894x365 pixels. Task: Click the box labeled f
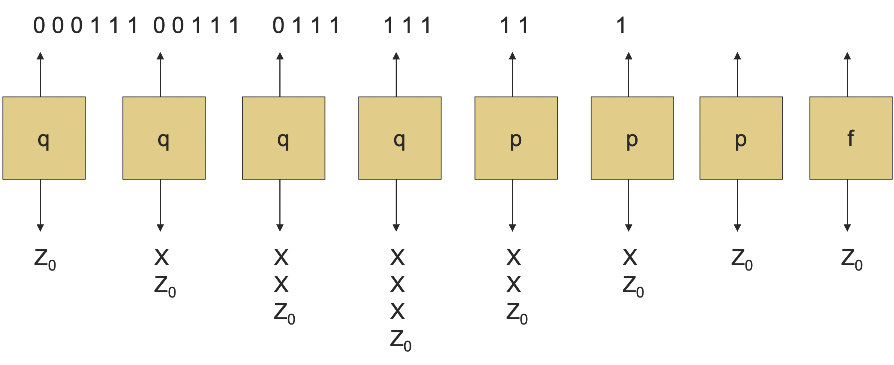coord(850,138)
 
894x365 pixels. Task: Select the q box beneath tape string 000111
coord(44,138)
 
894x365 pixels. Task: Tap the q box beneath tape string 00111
coord(164,138)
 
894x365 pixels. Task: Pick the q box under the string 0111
coord(283,138)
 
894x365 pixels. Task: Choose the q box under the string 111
coord(400,138)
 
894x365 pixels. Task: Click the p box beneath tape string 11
coord(516,138)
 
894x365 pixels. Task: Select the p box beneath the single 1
coord(632,138)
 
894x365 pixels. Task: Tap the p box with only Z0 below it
coord(741,138)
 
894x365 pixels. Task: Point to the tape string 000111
coord(85,25)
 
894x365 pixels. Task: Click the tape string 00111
coord(196,25)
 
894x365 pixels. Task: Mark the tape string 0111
coord(306,25)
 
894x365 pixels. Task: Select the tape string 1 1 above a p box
coord(514,25)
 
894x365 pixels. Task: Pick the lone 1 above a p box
coord(621,25)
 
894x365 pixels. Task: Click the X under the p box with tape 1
coord(630,258)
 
